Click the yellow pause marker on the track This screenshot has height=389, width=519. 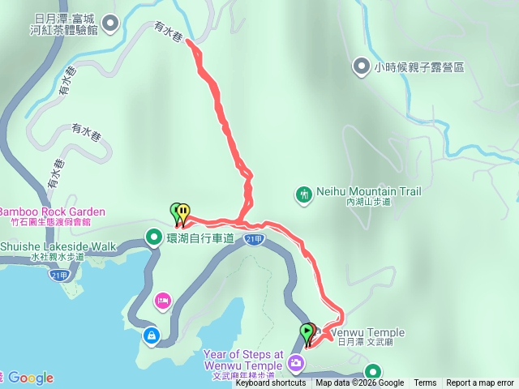pyautogui.click(x=184, y=212)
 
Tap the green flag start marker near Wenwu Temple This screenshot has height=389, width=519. pyautogui.click(x=306, y=331)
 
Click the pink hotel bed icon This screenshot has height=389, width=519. pyautogui.click(x=162, y=301)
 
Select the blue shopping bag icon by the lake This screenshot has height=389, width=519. pyautogui.click(x=151, y=334)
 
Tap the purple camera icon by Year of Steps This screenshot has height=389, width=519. pyautogui.click(x=297, y=361)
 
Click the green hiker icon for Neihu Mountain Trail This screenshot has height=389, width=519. pyautogui.click(x=304, y=194)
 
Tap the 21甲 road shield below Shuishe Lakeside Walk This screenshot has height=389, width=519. pyautogui.click(x=58, y=275)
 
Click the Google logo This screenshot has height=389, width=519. pyautogui.click(x=30, y=378)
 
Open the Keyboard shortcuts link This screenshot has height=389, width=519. pyautogui.click(x=271, y=383)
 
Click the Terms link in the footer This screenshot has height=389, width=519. pyautogui.click(x=425, y=383)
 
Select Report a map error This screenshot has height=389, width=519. pyautogui.click(x=480, y=383)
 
